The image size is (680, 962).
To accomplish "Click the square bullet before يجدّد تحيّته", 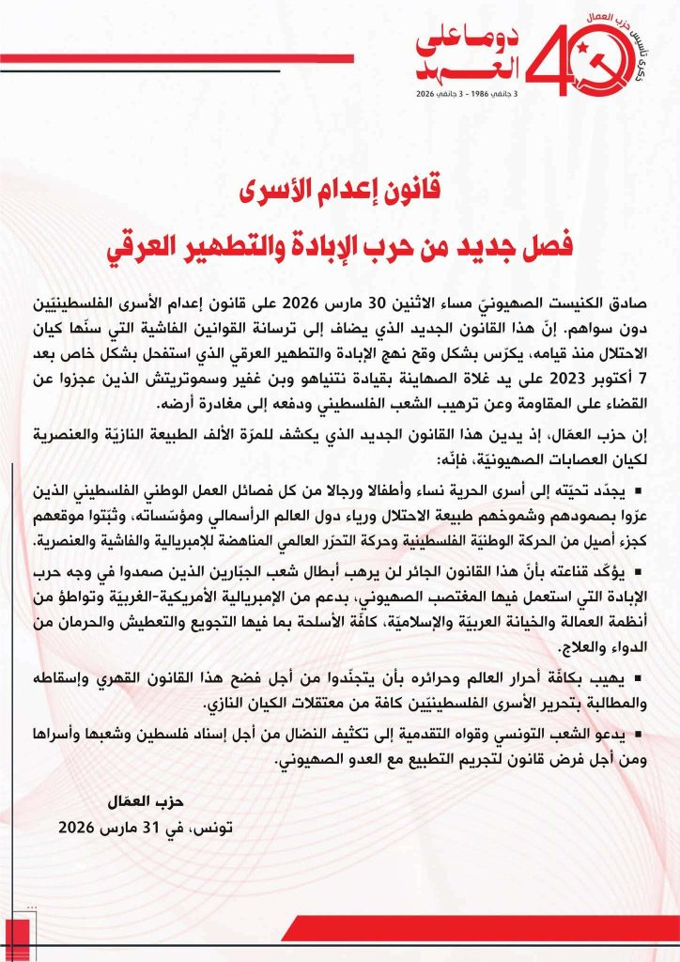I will [x=638, y=470].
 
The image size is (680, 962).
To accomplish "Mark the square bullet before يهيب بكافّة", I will [x=638, y=678].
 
